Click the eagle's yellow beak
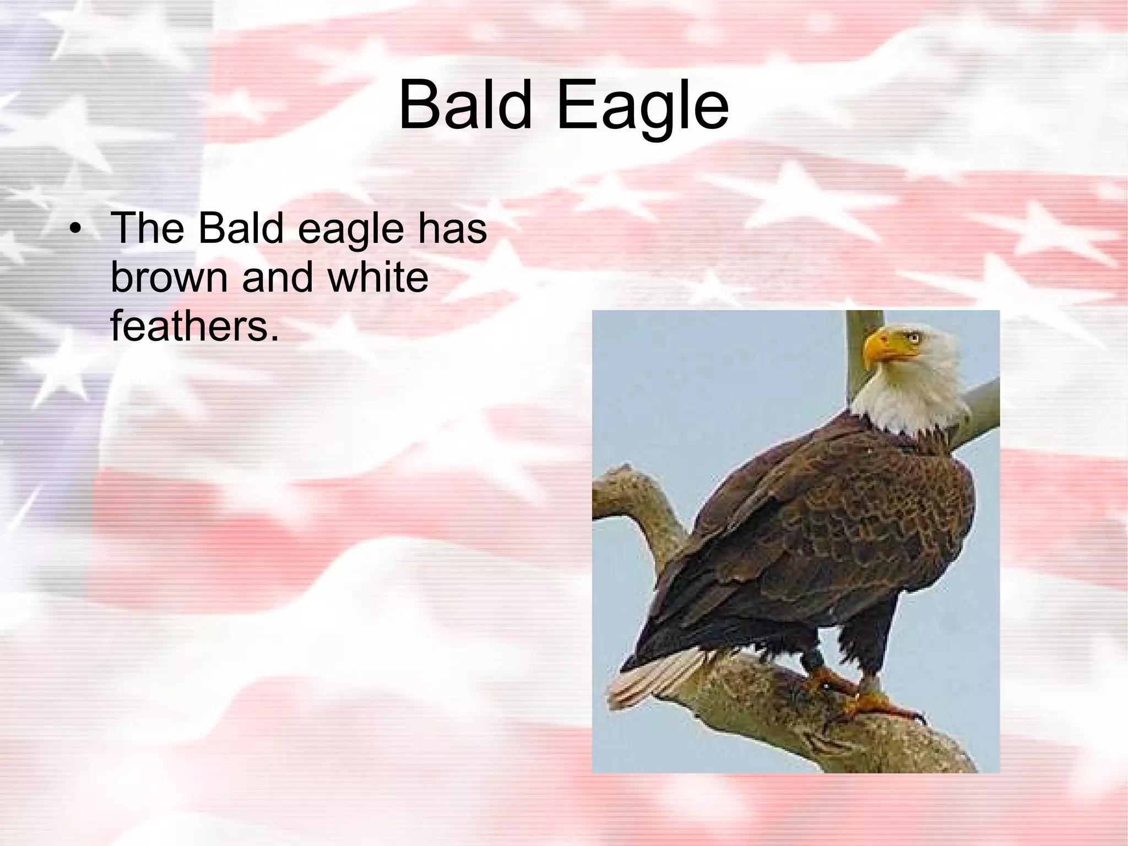coord(879,346)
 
